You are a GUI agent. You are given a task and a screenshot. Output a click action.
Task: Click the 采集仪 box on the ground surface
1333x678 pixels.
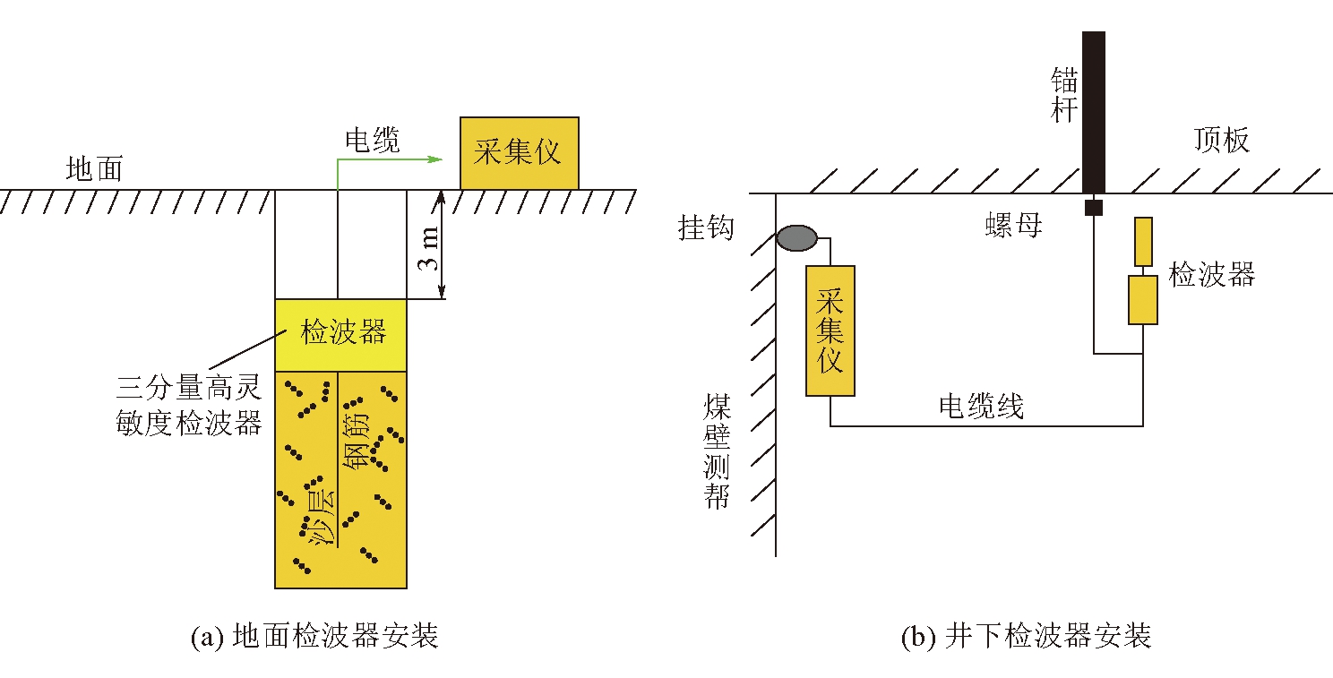[x=519, y=153]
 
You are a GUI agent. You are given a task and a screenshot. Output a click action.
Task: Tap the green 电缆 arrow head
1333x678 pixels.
[x=436, y=159]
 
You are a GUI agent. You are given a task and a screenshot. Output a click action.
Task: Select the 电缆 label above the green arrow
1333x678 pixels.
[x=372, y=140]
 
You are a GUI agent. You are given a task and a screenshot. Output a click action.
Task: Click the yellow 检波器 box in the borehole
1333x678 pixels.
[x=341, y=334]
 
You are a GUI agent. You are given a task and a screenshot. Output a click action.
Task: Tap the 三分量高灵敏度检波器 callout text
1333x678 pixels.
[x=188, y=405]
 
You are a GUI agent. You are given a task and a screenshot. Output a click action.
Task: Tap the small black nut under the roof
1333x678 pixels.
[x=1093, y=208]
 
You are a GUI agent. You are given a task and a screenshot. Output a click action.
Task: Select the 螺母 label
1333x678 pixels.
[x=1013, y=225]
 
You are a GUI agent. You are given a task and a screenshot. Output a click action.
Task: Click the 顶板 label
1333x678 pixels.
[x=1221, y=141]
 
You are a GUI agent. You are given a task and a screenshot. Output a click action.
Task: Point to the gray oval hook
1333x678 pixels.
[x=796, y=237]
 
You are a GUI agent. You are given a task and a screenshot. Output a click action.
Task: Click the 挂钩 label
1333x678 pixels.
[x=706, y=228]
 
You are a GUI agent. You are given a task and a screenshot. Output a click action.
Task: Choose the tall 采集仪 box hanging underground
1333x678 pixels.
[x=830, y=330]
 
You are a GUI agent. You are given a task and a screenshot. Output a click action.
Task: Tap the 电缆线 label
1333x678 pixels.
[x=981, y=407]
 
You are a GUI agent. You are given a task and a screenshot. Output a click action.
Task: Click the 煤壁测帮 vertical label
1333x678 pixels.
[x=717, y=452]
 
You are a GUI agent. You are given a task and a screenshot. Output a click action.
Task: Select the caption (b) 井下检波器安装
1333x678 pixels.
[x=1025, y=637]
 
